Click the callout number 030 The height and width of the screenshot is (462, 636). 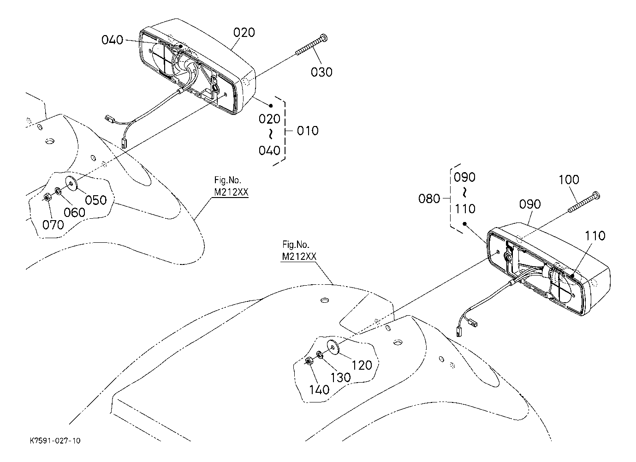click(x=321, y=72)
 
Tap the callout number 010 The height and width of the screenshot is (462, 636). click(x=308, y=131)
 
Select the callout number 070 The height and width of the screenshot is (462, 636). click(x=53, y=225)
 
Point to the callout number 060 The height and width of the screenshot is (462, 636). click(x=74, y=212)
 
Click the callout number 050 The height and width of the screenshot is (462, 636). click(x=95, y=200)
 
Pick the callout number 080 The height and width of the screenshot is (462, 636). click(x=429, y=198)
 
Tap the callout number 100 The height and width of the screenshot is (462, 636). click(x=569, y=180)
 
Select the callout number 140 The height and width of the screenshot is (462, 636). click(x=319, y=390)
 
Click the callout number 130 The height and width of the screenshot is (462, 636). click(x=340, y=378)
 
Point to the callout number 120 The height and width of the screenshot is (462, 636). click(x=362, y=365)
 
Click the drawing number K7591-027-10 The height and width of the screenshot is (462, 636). click(x=55, y=441)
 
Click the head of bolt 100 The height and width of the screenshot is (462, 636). click(x=596, y=195)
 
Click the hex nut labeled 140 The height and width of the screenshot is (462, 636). click(x=309, y=361)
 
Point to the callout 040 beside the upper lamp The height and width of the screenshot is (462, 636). click(x=112, y=40)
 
